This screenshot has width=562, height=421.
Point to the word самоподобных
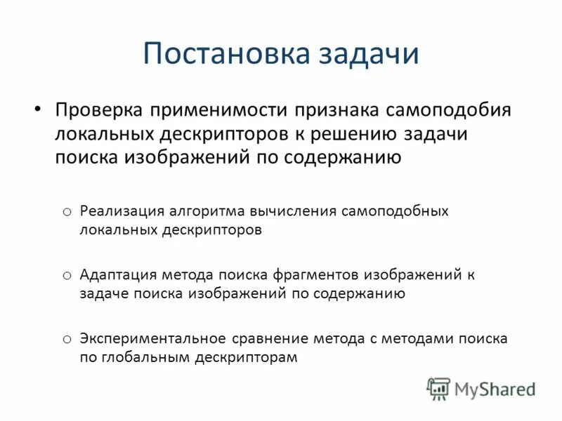(396, 211)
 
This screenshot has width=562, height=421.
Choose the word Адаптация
(118, 275)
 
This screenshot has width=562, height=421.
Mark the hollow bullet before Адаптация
(66, 275)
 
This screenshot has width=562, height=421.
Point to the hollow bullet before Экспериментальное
(66, 339)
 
